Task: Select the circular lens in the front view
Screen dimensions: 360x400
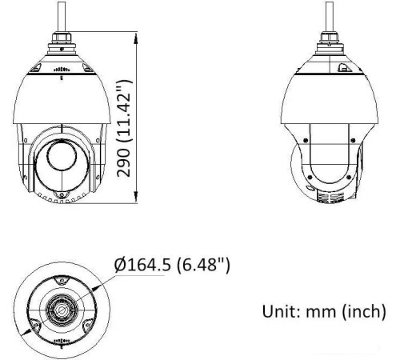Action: tap(62, 157)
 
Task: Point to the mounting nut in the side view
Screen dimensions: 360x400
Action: tap(328, 38)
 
